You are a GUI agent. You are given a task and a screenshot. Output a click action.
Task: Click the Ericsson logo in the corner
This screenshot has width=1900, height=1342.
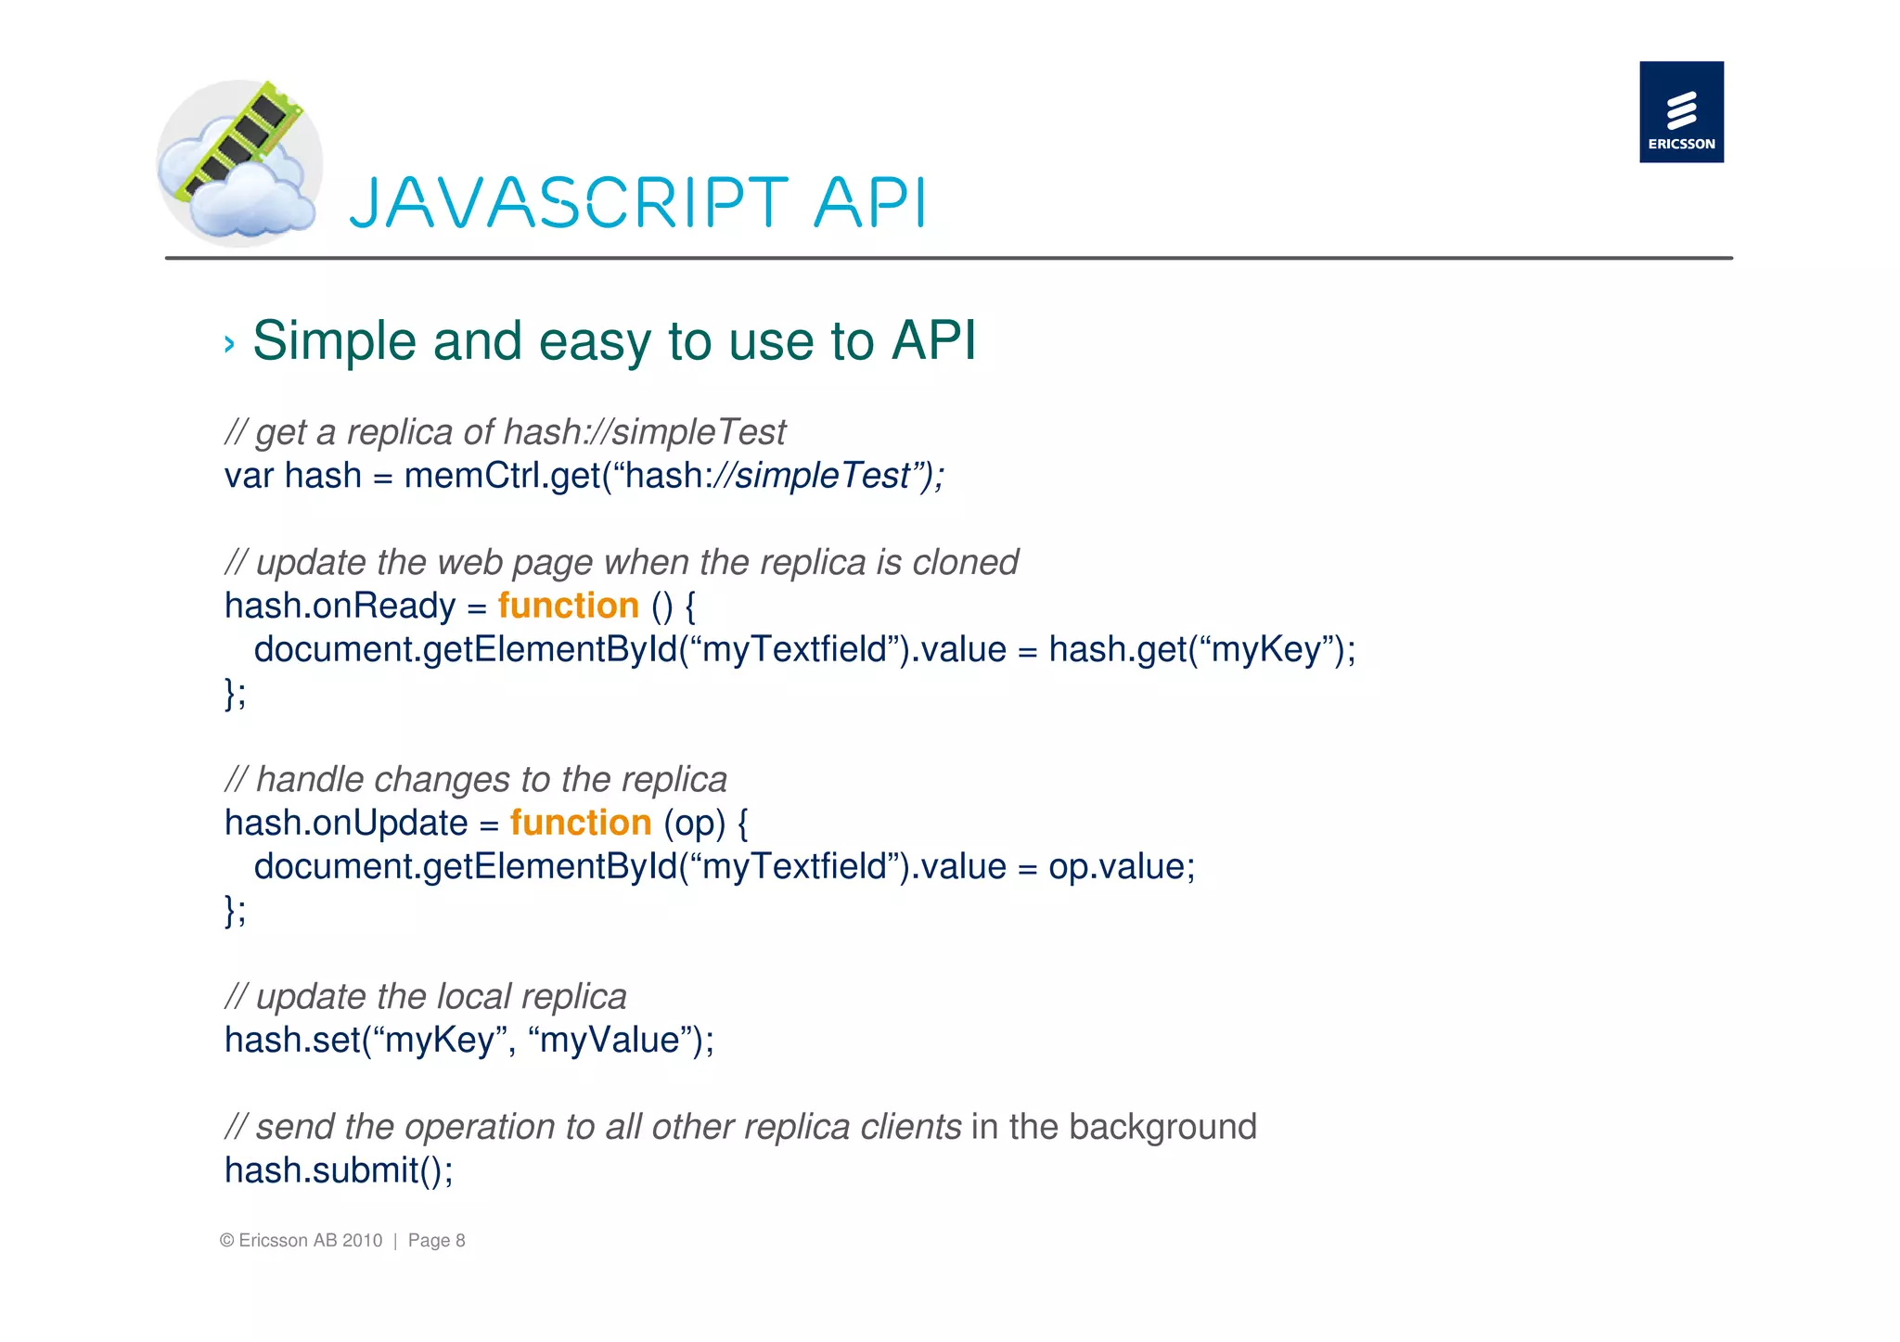point(1681,112)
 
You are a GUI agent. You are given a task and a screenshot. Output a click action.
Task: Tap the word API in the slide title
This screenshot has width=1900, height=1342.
point(869,203)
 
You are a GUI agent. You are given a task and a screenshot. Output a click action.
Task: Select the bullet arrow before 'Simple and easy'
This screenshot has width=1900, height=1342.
point(229,345)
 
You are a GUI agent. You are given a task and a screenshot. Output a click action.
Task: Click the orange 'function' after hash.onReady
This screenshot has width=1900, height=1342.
point(568,606)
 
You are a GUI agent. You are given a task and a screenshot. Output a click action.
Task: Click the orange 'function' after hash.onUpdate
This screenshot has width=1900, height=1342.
point(580,823)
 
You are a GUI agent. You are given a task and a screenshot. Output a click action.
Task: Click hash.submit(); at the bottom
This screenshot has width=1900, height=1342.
point(339,1170)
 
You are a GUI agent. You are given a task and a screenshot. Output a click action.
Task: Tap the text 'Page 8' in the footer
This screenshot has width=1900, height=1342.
point(436,1241)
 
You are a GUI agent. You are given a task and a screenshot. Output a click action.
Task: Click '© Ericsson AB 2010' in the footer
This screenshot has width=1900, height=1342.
point(302,1241)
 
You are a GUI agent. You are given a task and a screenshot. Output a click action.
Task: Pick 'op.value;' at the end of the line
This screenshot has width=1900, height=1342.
point(1122,867)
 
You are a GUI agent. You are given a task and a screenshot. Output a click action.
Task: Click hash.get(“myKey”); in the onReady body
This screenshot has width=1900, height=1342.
point(1201,649)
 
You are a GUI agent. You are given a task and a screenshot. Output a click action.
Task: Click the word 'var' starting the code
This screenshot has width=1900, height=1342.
point(249,476)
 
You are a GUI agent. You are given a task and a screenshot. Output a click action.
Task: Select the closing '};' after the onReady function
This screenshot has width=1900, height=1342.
point(236,693)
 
